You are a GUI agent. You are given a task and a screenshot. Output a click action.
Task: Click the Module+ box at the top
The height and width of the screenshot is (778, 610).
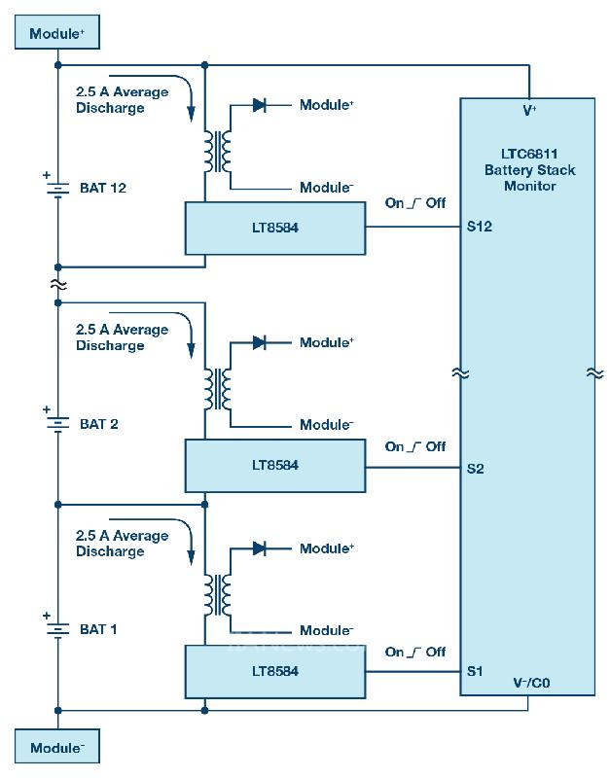(x=56, y=34)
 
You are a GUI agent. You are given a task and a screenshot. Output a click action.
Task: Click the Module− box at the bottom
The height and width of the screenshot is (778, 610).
(x=56, y=748)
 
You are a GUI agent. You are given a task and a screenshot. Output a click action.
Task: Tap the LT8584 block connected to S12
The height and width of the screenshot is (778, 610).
(x=275, y=228)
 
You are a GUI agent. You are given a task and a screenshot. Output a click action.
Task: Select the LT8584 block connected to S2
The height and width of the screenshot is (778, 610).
(x=275, y=465)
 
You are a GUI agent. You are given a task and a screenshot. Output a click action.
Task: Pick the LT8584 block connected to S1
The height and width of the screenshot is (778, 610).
(x=275, y=671)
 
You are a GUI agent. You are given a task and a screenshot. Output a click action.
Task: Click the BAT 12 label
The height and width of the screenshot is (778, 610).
(x=103, y=188)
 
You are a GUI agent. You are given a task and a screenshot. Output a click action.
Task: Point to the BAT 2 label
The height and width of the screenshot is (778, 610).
(x=99, y=424)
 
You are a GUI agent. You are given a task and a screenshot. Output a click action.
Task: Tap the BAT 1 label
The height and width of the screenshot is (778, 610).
(x=98, y=629)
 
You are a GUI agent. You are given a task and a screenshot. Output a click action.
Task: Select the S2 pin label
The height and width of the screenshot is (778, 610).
(x=476, y=469)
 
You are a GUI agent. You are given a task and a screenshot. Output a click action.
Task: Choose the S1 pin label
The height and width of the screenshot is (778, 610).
(x=475, y=671)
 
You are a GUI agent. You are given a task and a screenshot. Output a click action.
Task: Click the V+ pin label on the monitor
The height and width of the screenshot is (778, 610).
(x=529, y=111)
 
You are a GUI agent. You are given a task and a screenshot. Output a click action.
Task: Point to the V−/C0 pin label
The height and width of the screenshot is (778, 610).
(x=531, y=683)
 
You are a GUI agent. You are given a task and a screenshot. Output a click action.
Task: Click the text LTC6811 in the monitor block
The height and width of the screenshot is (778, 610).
(x=529, y=155)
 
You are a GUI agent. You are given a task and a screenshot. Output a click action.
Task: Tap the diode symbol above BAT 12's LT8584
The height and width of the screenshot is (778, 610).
(x=260, y=105)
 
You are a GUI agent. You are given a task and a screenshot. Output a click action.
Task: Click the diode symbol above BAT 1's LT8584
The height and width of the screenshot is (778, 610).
(x=260, y=548)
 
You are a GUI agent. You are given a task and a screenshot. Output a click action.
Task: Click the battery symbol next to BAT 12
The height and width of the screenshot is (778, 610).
(x=57, y=188)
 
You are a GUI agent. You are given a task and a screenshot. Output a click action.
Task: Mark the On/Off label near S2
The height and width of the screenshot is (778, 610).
(x=415, y=446)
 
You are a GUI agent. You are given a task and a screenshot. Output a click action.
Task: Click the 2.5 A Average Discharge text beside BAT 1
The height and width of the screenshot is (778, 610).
(x=122, y=544)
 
